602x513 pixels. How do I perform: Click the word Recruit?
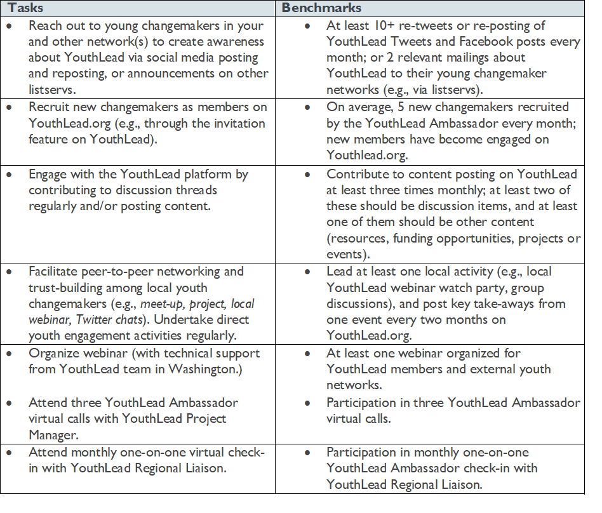[x=49, y=107]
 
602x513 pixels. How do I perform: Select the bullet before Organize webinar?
[x=9, y=354]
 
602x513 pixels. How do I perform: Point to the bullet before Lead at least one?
[x=307, y=272]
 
